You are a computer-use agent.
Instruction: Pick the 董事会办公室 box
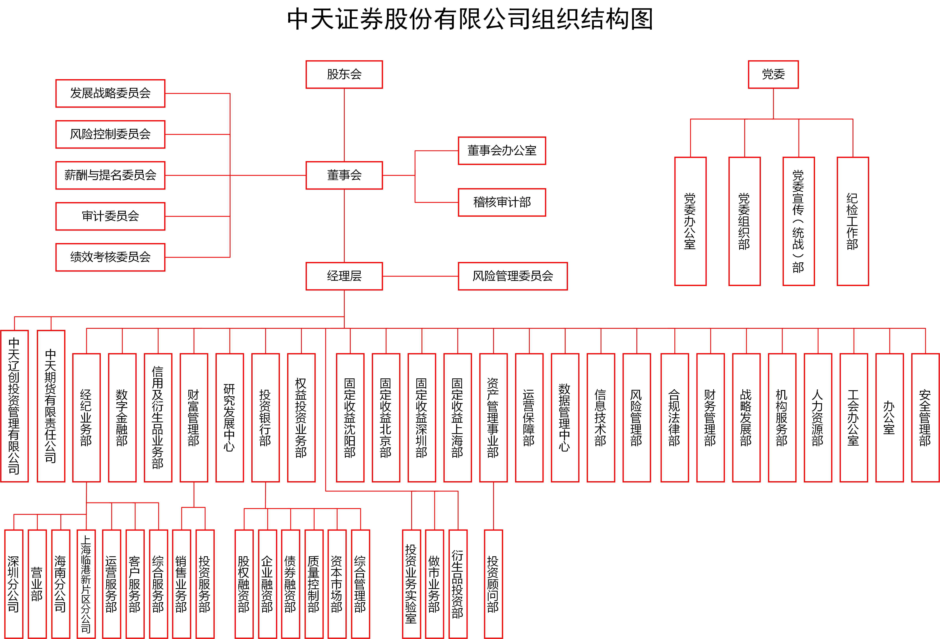502,150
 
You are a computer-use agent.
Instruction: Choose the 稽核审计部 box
502,202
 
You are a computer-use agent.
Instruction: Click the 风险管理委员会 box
512,276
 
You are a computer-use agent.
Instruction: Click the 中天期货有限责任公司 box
51,406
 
